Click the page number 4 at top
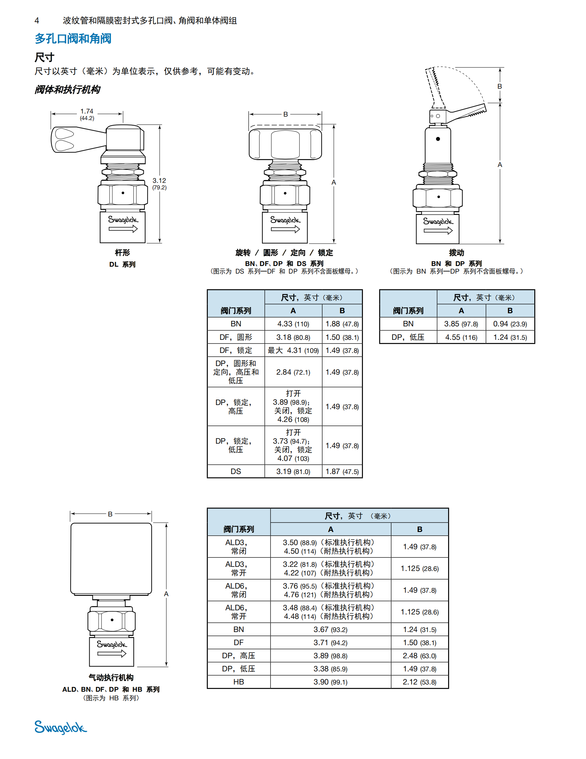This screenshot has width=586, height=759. pos(37,21)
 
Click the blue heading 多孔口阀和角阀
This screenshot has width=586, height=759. pos(73,39)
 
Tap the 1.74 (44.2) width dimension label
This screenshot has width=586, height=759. pos(87,114)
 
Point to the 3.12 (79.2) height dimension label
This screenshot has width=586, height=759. pos(159,184)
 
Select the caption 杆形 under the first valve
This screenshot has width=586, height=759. pos(122,253)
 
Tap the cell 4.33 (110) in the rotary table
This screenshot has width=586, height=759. pos(293,324)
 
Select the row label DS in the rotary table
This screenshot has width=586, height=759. pos(236,472)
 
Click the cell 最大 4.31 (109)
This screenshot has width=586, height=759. pos(293,351)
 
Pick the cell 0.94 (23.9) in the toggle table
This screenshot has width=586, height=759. pos(509,324)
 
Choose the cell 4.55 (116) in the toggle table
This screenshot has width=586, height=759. pos(461,337)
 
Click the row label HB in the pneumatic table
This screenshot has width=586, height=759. pos(239,682)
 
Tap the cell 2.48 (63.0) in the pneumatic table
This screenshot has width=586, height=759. pos(420,656)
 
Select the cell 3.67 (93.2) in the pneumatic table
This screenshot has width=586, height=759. pos(330,629)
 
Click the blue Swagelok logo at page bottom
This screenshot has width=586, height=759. pos(60,727)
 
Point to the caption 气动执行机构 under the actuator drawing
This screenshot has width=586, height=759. pos(111,677)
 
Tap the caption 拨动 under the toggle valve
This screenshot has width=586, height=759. pos(456,253)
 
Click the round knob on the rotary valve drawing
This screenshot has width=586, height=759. pos(285,144)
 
